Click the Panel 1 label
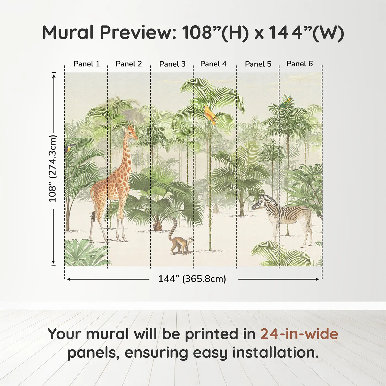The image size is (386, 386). tap(87, 64)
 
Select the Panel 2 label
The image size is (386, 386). tap(129, 64)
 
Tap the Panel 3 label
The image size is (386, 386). tap(172, 64)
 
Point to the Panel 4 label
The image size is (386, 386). tap(213, 64)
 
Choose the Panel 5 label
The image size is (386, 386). tap(258, 64)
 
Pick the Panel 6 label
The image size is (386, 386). tap(299, 64)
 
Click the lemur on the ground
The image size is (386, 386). tap(181, 244)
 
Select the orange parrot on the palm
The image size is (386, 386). tap(210, 114)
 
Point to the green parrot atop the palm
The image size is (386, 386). tap(286, 102)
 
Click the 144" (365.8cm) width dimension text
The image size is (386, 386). tap(192, 279)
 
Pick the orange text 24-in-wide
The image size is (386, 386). tap(299, 334)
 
